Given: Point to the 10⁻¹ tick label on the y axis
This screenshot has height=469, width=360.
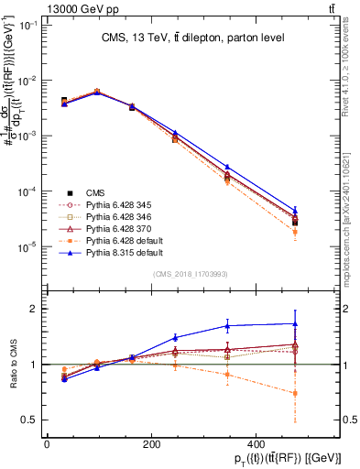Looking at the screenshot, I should [x=29, y=25].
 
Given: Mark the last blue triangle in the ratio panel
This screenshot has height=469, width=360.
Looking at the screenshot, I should [x=295, y=323].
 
